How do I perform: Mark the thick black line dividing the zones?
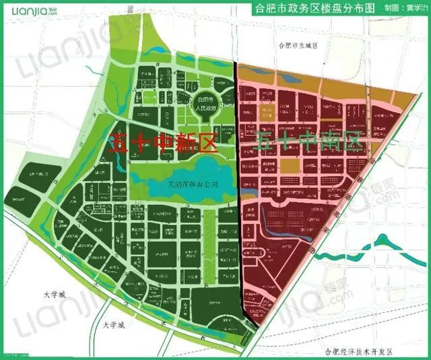tap(239, 202)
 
